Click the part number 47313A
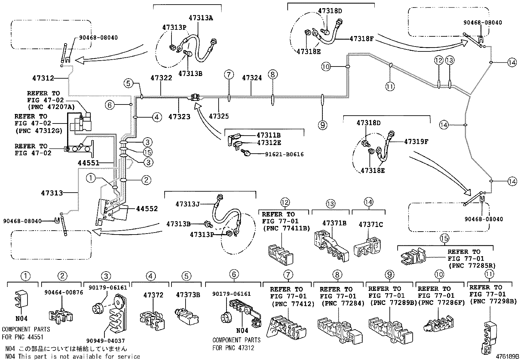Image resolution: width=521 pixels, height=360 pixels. (x=201, y=18)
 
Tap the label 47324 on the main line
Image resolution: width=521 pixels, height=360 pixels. (x=252, y=78)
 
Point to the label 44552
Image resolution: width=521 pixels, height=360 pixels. (x=147, y=209)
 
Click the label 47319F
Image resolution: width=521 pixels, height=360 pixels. (x=416, y=142)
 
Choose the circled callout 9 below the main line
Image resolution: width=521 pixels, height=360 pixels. (x=323, y=125)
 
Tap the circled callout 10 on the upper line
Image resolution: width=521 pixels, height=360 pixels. (x=326, y=66)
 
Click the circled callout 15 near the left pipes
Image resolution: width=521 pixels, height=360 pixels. (x=148, y=152)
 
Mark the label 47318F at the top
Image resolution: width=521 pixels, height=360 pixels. (x=361, y=39)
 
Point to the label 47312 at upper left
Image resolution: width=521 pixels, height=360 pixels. (x=43, y=78)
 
